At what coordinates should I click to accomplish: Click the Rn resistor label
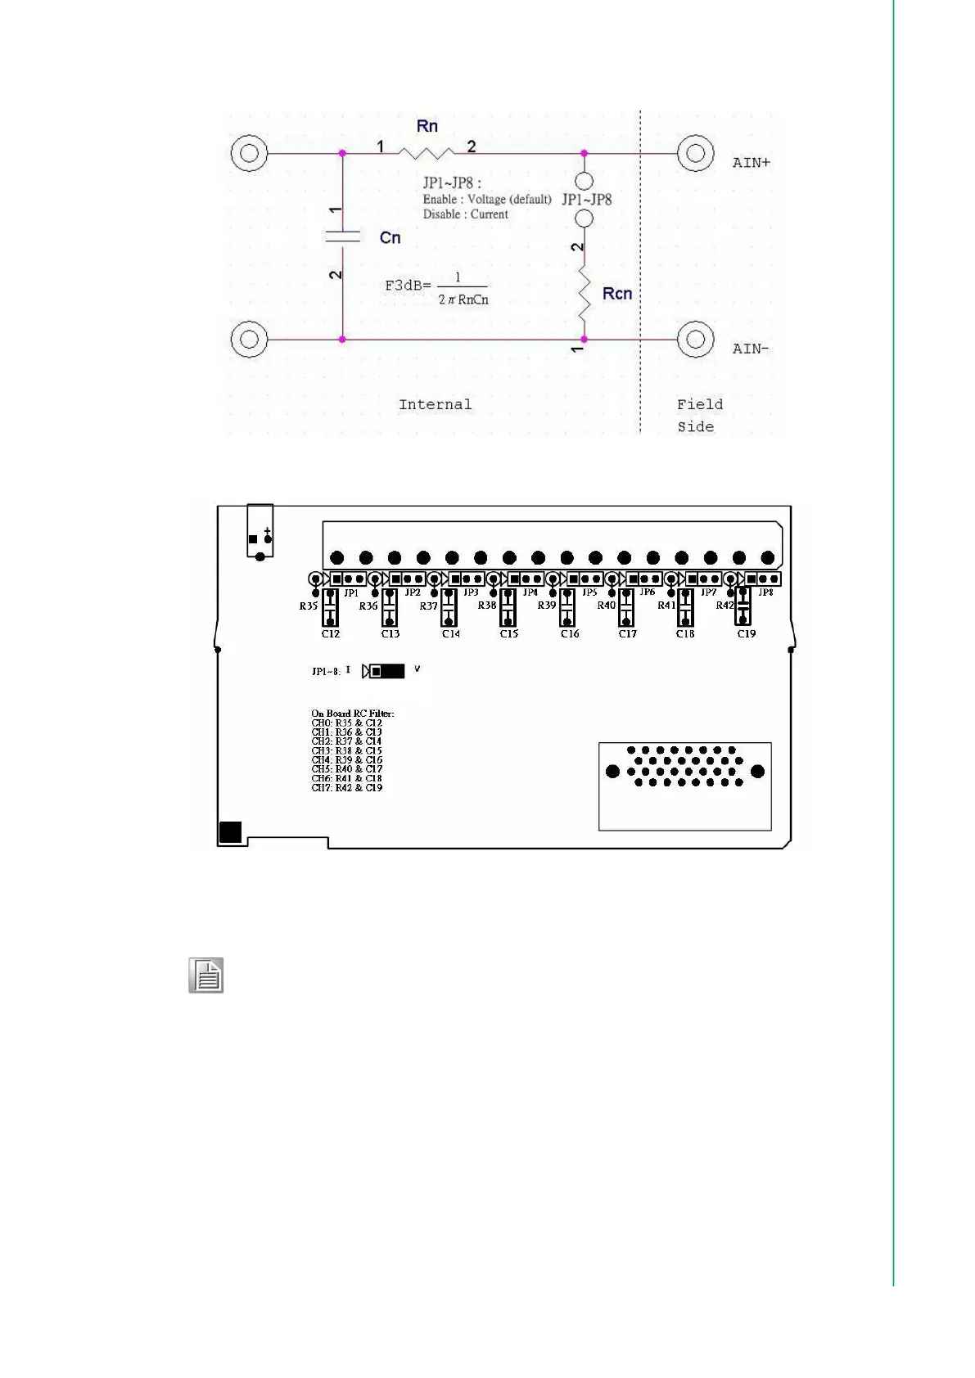[427, 126]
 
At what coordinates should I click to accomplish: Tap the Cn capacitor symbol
[342, 236]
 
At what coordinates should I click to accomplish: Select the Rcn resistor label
[616, 294]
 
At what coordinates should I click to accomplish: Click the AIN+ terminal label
[751, 163]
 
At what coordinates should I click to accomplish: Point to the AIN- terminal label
[750, 349]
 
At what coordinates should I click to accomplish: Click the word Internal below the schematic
[435, 404]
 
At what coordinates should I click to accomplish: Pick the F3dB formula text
[437, 287]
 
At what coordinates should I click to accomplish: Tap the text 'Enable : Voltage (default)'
[486, 199]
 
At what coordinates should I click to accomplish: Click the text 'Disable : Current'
[465, 214]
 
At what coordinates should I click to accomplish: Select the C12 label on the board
[330, 634]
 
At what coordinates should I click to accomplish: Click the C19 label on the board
[746, 634]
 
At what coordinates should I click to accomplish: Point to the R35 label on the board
[308, 606]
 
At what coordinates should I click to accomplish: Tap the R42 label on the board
[724, 606]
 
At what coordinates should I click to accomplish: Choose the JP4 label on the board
[530, 592]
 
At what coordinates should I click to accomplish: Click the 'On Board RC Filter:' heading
[352, 714]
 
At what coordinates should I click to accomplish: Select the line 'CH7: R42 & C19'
[346, 788]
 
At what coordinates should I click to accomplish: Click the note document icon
[206, 975]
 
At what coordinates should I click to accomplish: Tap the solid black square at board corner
[231, 832]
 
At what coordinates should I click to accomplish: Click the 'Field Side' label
[698, 415]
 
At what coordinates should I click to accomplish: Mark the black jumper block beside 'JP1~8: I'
[387, 671]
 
